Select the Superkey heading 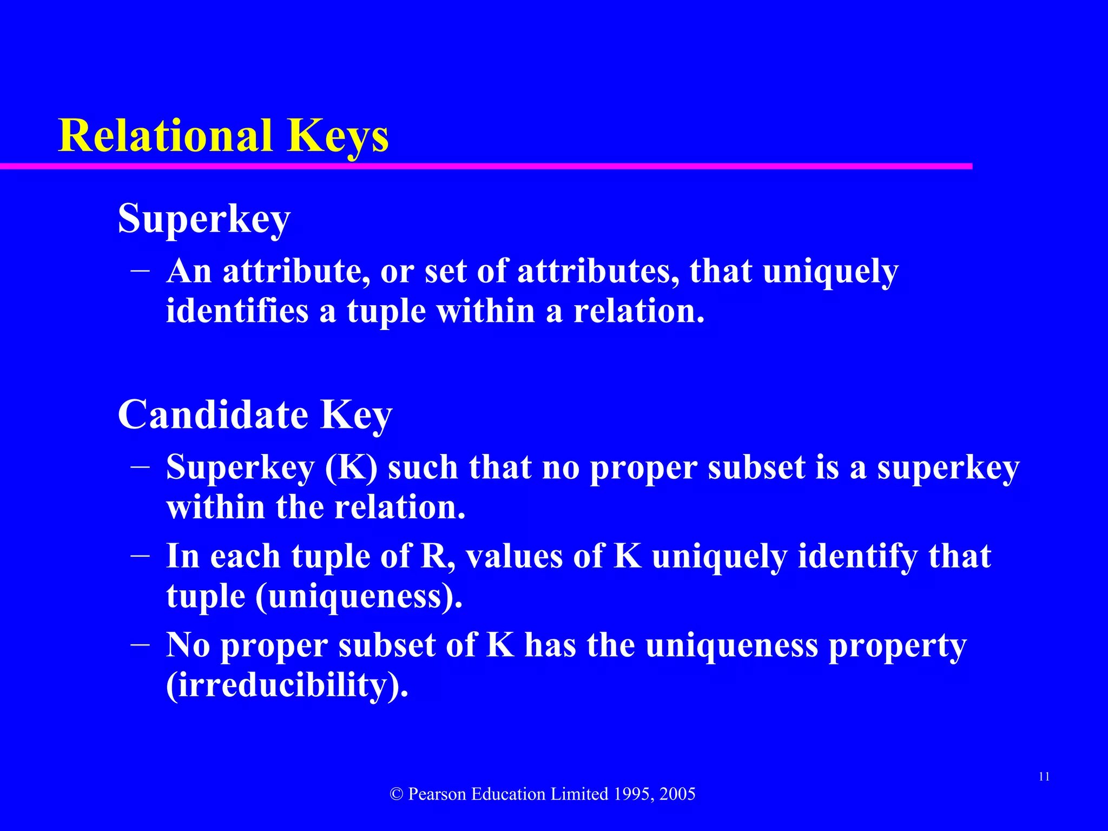click(204, 219)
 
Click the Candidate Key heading click(255, 415)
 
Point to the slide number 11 click(1044, 777)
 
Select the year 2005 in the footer click(677, 794)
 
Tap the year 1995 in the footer click(633, 794)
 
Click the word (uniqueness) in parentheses click(358, 596)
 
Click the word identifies click(237, 312)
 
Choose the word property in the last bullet click(898, 646)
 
